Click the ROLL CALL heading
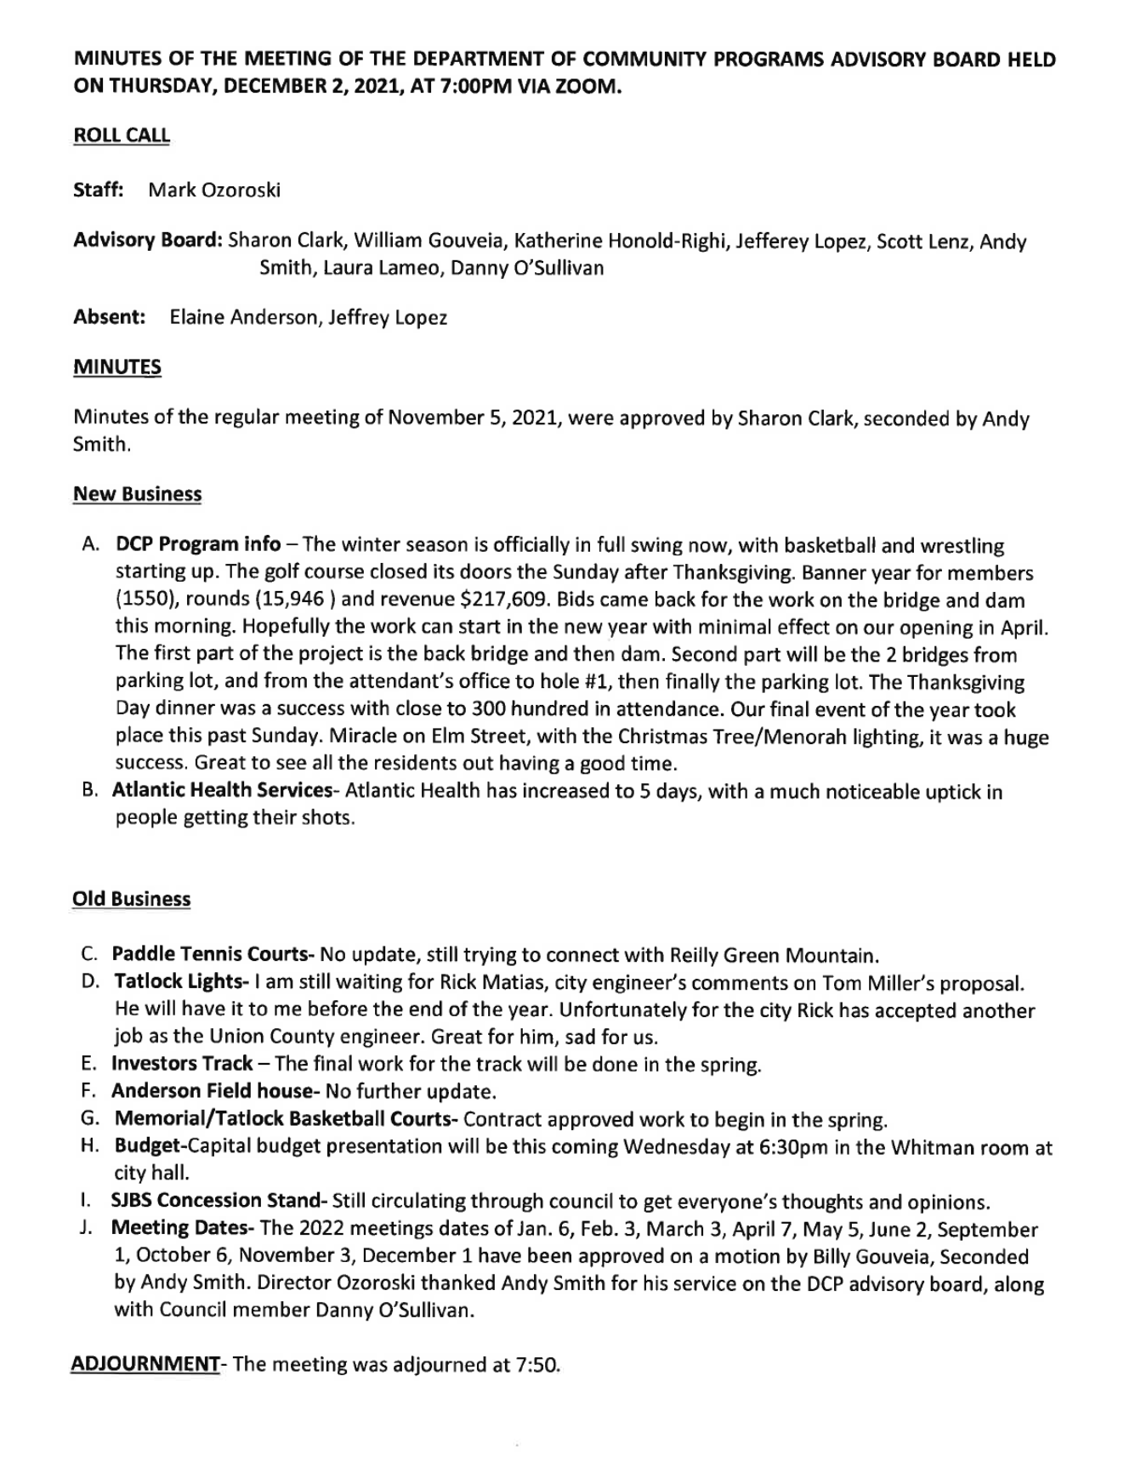click(122, 136)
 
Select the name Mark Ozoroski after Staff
click(214, 190)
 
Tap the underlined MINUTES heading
click(117, 367)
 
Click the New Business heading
click(138, 494)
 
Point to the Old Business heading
click(132, 899)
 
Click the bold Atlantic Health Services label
click(222, 792)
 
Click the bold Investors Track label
click(182, 1064)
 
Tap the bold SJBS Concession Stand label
click(217, 1202)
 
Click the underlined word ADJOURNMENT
click(145, 1364)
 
